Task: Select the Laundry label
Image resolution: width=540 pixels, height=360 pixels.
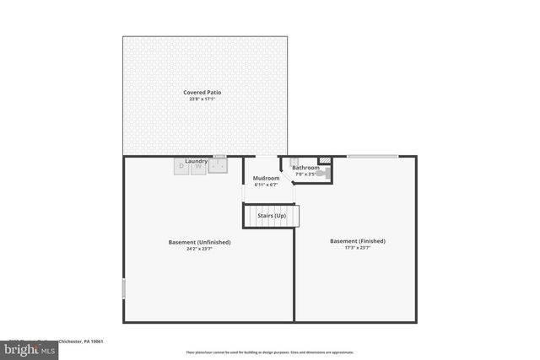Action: click(197, 160)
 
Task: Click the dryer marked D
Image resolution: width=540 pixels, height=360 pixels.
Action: click(181, 167)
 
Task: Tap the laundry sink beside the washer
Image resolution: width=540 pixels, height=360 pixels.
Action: click(218, 166)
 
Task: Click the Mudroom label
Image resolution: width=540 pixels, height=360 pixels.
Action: click(266, 177)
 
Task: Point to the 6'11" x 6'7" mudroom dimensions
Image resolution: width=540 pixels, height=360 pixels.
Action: click(266, 185)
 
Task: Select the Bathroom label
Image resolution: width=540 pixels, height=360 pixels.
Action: click(305, 168)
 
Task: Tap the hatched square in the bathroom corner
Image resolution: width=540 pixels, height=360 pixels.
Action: click(324, 161)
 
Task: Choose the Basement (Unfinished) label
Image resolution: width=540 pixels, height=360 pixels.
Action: click(199, 242)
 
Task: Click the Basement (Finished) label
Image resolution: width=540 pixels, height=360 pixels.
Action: click(357, 241)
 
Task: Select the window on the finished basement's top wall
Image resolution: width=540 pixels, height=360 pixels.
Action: click(372, 156)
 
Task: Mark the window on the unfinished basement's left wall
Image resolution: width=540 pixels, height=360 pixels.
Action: click(123, 287)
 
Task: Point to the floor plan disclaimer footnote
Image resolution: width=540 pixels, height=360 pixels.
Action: click(269, 352)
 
